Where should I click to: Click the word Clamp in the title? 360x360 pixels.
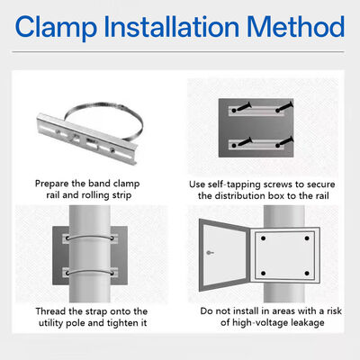tap(56, 27)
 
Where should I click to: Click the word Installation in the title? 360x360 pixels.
tap(171, 27)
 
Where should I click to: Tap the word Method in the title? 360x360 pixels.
tap(295, 27)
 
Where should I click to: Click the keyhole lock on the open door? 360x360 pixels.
tap(210, 253)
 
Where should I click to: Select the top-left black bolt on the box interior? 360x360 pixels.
tap(263, 238)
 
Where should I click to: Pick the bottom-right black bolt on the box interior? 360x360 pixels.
tap(307, 274)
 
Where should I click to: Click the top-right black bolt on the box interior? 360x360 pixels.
tap(307, 238)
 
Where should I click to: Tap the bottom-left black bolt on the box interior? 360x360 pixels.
tap(263, 274)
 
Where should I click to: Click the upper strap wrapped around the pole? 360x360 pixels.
tap(90, 236)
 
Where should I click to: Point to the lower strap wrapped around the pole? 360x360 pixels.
tap(90, 271)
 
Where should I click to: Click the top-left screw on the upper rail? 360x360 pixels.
tap(242, 107)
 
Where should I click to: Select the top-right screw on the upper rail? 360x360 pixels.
tap(283, 107)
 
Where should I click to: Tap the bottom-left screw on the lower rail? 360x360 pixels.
tap(242, 142)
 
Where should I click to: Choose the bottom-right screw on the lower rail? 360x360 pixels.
tap(283, 142)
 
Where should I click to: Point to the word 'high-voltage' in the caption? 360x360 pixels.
tap(260, 323)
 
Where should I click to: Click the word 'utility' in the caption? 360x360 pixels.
tap(50, 323)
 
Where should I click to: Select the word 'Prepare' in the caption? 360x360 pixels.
tap(51, 184)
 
